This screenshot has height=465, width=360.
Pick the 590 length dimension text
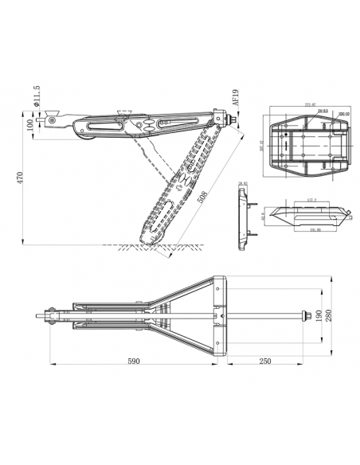click(x=133, y=361)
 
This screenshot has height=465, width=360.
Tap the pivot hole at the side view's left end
click(x=53, y=121)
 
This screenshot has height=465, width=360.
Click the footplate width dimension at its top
click(x=307, y=104)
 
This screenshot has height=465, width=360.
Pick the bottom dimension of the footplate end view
click(x=306, y=231)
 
